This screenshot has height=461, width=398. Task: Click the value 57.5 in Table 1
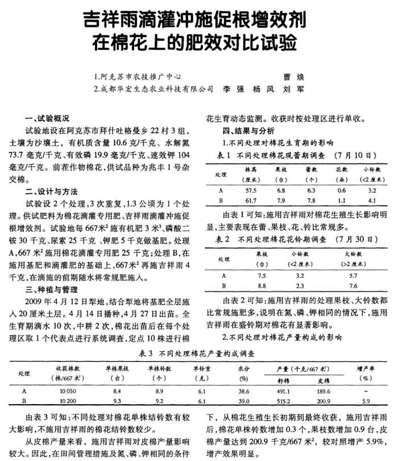[x=251, y=190]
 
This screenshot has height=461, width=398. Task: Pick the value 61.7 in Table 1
[x=251, y=201]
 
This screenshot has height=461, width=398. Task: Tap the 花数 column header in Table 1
[x=341, y=170]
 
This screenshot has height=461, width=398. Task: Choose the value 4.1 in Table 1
[x=372, y=201]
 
